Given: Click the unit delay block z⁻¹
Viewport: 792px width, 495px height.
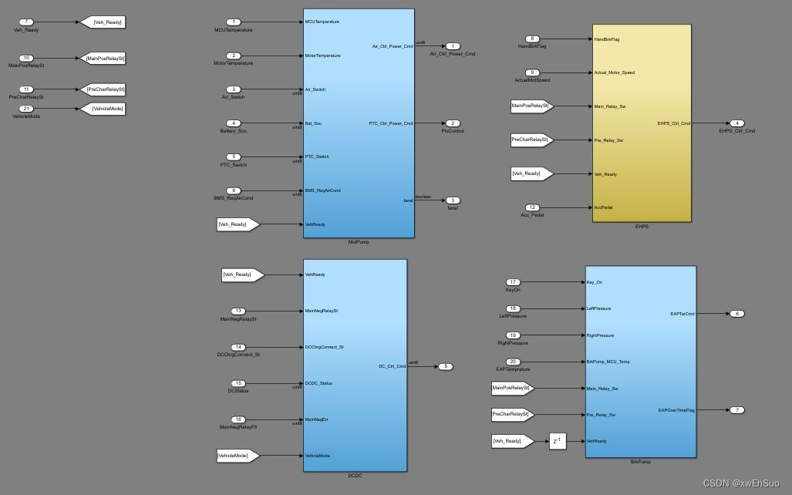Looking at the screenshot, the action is tap(558, 442).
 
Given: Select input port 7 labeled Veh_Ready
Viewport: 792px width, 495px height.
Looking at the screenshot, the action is tap(26, 22).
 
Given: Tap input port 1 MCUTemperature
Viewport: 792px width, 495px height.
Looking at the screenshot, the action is tap(234, 22).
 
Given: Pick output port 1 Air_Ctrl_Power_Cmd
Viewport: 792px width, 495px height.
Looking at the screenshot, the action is tap(453, 46).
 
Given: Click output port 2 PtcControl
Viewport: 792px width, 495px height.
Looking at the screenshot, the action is tap(453, 123).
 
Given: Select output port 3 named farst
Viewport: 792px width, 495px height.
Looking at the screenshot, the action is tap(453, 200).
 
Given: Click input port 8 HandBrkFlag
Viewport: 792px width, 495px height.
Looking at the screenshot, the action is tap(532, 39).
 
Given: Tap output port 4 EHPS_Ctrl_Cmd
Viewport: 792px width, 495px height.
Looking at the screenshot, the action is tap(736, 123).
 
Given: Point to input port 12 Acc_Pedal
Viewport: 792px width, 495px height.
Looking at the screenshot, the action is tap(532, 207).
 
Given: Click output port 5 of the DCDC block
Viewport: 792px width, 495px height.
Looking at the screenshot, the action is tap(446, 366).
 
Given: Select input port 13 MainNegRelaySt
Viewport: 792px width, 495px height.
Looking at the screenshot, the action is tap(239, 311).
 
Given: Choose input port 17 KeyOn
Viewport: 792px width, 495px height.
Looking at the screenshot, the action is tap(513, 282).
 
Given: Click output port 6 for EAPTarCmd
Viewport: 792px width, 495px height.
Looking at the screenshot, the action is tap(737, 314).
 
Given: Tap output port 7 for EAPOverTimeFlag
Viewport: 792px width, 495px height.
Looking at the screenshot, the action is tap(737, 410).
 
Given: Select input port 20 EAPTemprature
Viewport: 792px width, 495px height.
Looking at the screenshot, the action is tap(513, 362).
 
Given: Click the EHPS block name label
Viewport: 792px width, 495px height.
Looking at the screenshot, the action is tap(642, 227).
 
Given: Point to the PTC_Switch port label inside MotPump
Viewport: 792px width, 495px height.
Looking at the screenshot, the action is tap(317, 157).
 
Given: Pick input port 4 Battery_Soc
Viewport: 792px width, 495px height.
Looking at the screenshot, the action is tap(234, 123).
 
